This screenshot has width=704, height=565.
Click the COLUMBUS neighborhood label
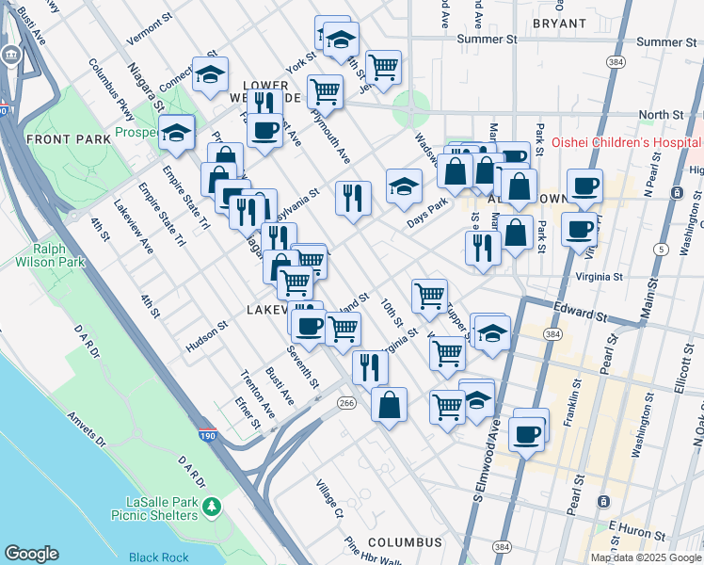click(x=404, y=543)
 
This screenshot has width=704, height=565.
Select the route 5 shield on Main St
click(x=663, y=249)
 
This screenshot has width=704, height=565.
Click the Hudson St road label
click(x=207, y=337)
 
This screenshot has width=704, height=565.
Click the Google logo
click(x=31, y=554)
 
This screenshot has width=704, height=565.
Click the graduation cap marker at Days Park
click(x=404, y=186)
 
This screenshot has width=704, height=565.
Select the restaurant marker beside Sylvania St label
click(x=353, y=198)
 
